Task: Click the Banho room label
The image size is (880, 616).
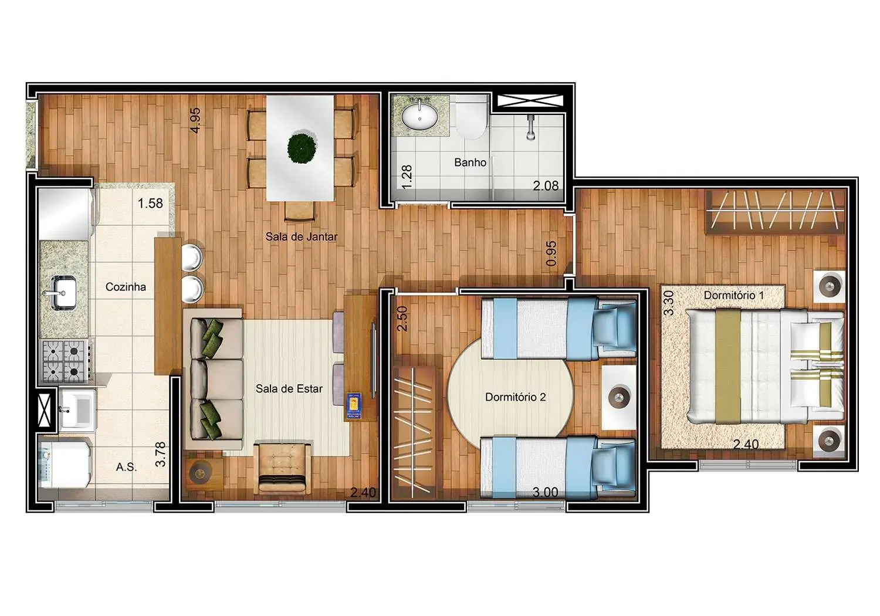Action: (470, 163)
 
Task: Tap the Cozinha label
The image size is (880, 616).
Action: (126, 287)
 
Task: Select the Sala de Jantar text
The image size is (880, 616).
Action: (301, 237)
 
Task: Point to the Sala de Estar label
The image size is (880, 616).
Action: (289, 388)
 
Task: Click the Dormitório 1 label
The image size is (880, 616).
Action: (733, 295)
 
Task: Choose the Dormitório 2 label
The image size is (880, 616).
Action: (515, 397)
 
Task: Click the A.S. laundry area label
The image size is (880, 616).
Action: (126, 467)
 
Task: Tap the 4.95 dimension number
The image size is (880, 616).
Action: (195, 120)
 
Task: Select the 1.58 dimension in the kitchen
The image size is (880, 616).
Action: (150, 204)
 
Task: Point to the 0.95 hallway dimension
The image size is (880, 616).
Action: (551, 253)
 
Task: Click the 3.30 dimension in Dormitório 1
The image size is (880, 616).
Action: (668, 303)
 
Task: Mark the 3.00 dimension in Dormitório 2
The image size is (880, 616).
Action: (545, 492)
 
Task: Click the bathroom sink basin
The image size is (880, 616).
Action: (419, 116)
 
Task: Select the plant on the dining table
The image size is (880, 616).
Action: (302, 148)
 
